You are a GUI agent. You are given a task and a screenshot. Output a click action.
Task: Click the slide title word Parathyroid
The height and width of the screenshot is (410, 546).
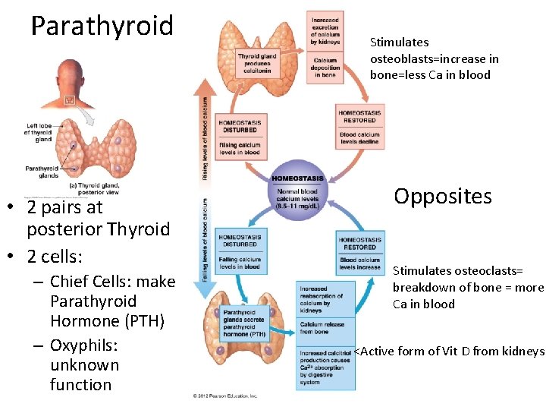(102, 26)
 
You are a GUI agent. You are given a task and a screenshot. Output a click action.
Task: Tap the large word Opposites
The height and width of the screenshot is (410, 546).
(443, 197)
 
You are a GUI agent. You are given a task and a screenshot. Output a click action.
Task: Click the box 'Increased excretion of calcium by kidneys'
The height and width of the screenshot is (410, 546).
(325, 30)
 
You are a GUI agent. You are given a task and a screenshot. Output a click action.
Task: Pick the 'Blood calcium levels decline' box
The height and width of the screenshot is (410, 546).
(359, 138)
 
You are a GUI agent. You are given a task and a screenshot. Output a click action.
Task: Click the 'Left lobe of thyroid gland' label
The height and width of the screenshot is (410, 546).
(39, 132)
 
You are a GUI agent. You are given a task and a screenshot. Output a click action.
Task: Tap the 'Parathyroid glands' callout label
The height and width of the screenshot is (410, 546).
(42, 172)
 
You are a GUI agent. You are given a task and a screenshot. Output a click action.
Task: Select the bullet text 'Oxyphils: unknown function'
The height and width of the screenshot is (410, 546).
(84, 365)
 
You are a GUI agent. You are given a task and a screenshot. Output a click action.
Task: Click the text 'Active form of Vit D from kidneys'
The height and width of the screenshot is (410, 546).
(450, 351)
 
